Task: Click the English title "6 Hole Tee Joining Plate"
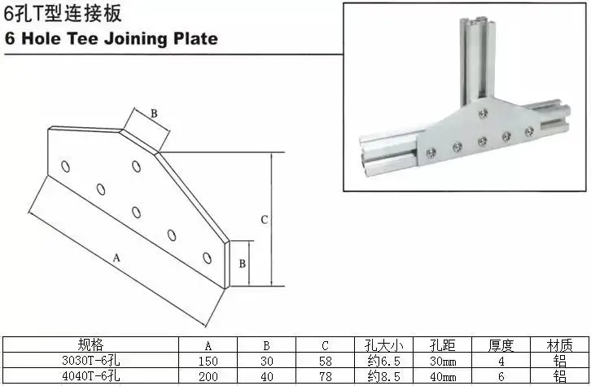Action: pos(112,39)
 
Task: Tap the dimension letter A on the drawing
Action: pos(116,258)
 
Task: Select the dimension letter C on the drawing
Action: pos(265,219)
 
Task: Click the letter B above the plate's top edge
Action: pos(154,113)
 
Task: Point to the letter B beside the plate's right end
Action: pos(243,264)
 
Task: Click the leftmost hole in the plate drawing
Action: pos(66,166)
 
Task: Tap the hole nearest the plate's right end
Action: pos(207,258)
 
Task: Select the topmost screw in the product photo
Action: pos(483,113)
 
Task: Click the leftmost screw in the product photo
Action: pos(431,152)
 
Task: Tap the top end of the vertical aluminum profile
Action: pos(477,20)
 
